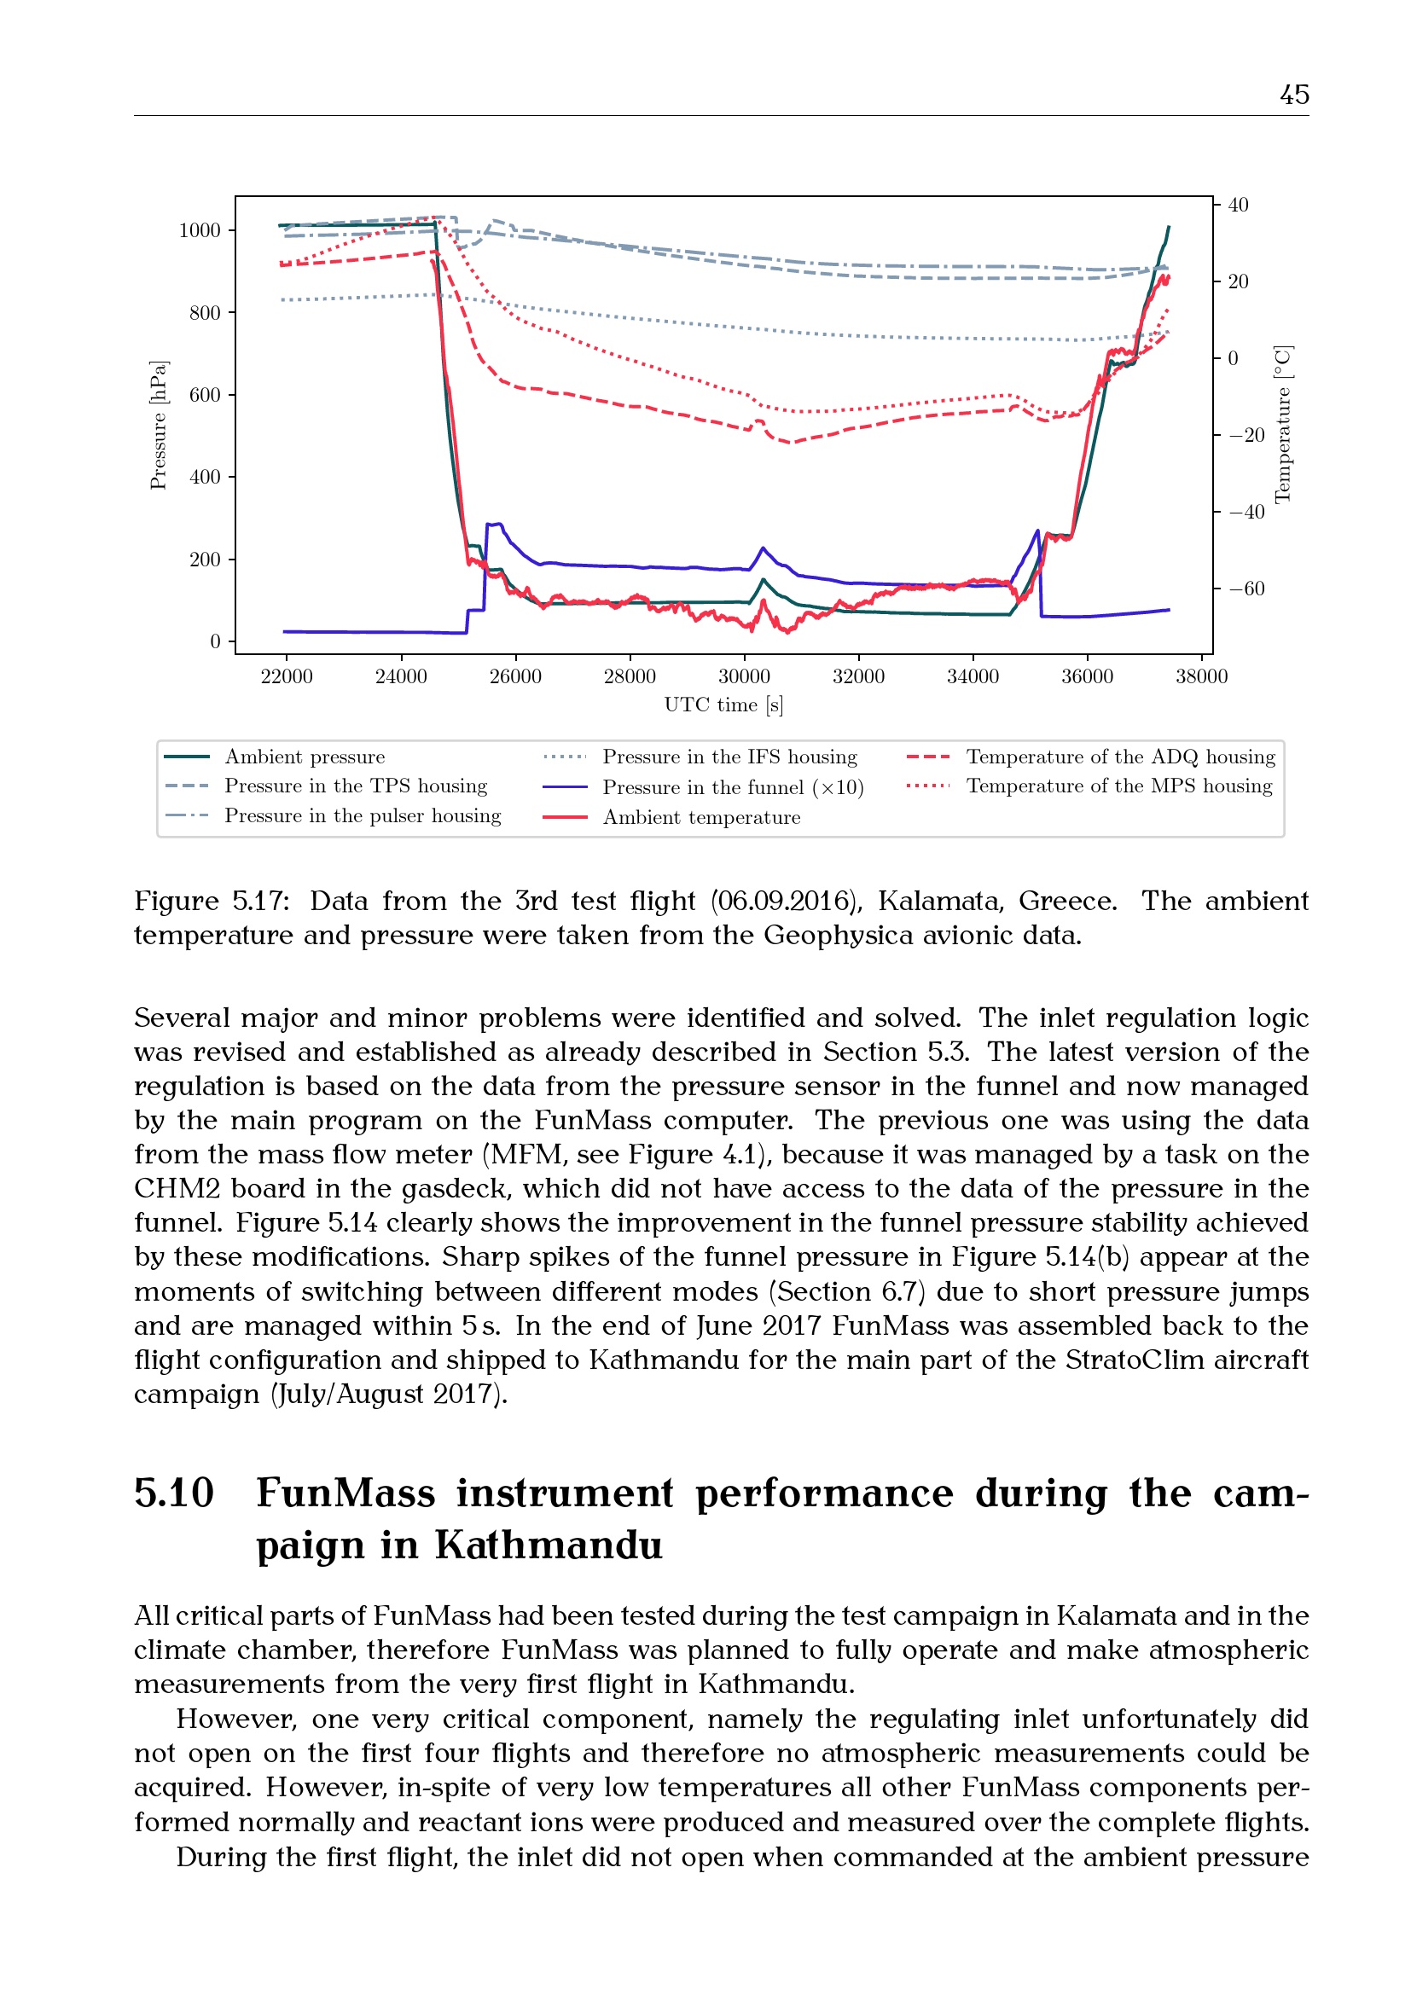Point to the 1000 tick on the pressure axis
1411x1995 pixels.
(200, 230)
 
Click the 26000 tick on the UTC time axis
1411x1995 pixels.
(515, 676)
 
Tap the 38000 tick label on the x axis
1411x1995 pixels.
(1201, 676)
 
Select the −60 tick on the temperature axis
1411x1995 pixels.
(1247, 589)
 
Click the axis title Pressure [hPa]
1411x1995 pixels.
(158, 425)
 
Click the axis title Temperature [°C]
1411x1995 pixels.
(1282, 425)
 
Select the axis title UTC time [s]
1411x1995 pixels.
(723, 705)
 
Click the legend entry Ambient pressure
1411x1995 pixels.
(304, 757)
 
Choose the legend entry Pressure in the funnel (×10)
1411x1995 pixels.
(733, 787)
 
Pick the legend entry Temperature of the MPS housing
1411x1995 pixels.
(1119, 786)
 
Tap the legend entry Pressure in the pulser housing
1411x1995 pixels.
(363, 815)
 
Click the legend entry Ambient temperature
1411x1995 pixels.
(701, 817)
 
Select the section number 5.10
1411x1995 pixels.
(174, 1493)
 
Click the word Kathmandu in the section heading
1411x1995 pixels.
(549, 1546)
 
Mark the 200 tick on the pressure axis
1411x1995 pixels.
(205, 560)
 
